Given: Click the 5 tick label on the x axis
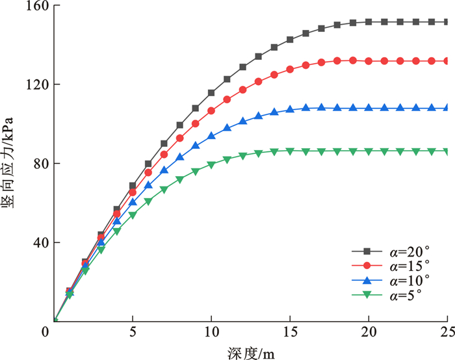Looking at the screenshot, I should [133, 333].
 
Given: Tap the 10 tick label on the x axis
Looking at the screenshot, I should [211, 333].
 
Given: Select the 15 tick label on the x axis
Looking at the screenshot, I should [290, 333].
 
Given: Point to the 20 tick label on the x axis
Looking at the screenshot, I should [369, 333].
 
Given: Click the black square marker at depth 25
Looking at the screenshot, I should [447, 22].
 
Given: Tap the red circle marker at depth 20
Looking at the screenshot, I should [369, 61].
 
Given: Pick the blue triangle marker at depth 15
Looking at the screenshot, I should [290, 109].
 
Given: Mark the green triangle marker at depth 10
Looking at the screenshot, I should [211, 165].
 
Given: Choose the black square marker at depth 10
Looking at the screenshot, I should [211, 93].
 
